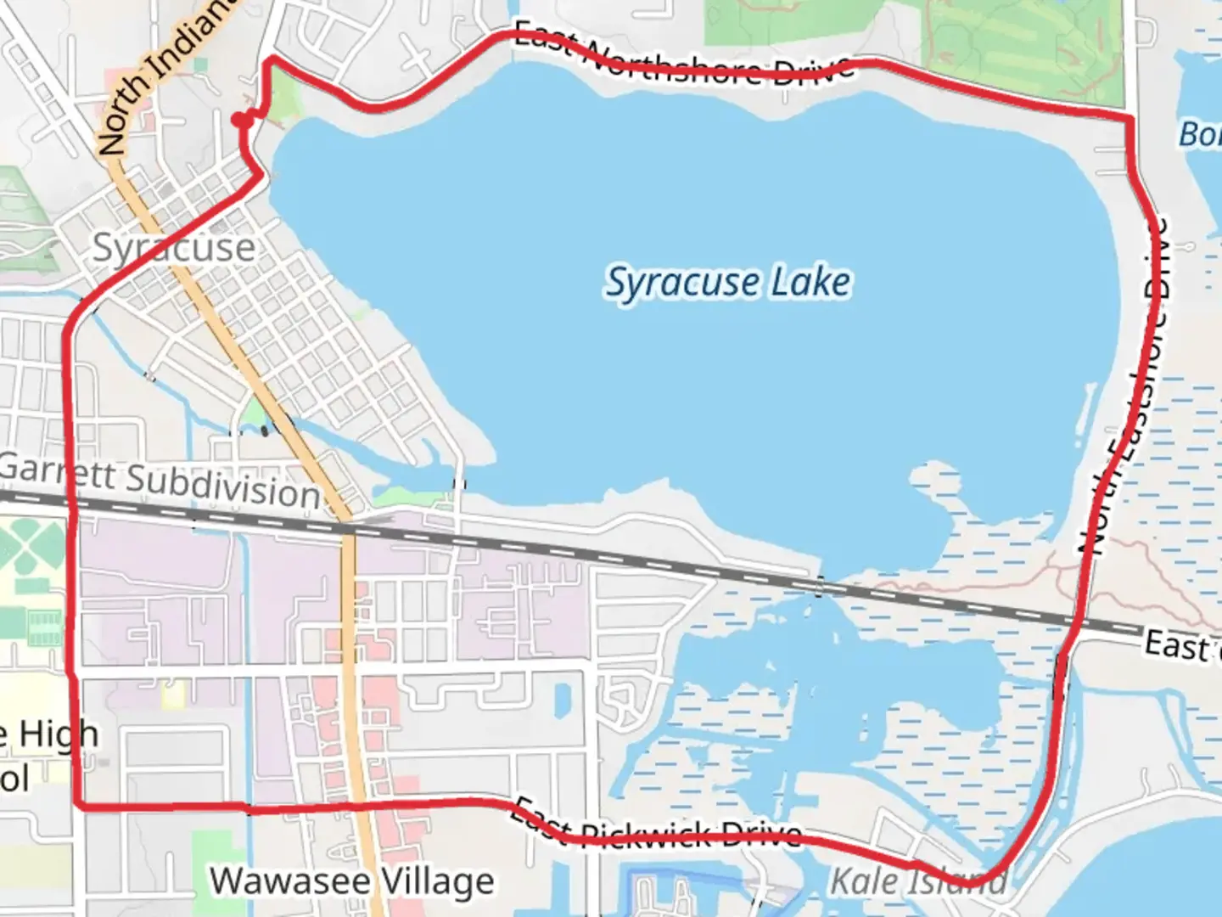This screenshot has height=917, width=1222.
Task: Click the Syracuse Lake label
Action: tap(727, 283)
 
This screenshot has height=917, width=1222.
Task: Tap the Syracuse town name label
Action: tap(173, 248)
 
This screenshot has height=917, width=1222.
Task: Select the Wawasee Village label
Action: tap(352, 881)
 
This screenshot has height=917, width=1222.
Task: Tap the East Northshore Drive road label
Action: tap(684, 58)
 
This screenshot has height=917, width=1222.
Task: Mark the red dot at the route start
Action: tap(243, 121)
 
